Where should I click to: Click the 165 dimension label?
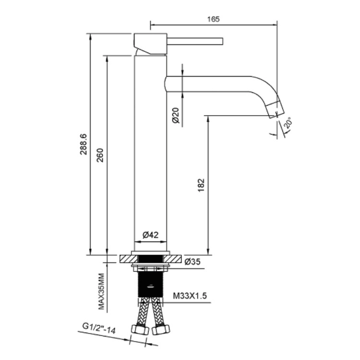[213, 19]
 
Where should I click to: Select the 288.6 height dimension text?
[84, 144]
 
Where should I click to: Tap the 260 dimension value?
[100, 156]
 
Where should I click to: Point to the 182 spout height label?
[201, 185]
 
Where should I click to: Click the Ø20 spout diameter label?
[176, 115]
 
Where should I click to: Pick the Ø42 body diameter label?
[150, 235]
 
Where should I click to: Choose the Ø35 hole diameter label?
[192, 262]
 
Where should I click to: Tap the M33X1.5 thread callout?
[190, 296]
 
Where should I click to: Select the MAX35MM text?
[101, 291]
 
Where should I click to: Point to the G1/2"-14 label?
[99, 328]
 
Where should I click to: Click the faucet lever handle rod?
[195, 41]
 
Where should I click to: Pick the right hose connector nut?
[161, 330]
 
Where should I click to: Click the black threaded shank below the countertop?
[150, 284]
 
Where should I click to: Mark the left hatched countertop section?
[129, 259]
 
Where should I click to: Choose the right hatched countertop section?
[172, 259]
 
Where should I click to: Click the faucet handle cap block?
[150, 44]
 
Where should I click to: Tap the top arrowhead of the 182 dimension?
[208, 118]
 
